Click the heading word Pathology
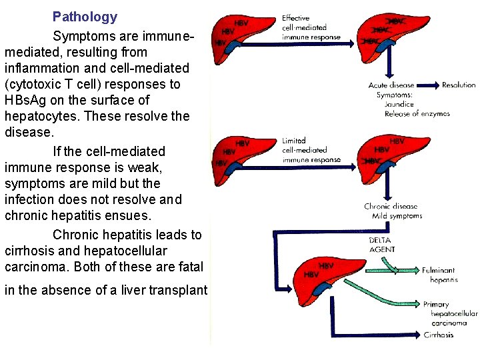coord(85,17)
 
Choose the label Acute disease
coord(391,85)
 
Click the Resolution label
coord(459,85)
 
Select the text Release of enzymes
coord(417,114)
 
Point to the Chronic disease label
coord(391,207)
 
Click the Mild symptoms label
coord(397,216)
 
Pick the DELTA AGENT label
coord(381,245)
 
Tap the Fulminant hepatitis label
coord(439,275)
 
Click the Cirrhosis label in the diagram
coord(439,335)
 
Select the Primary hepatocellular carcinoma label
coord(450,313)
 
